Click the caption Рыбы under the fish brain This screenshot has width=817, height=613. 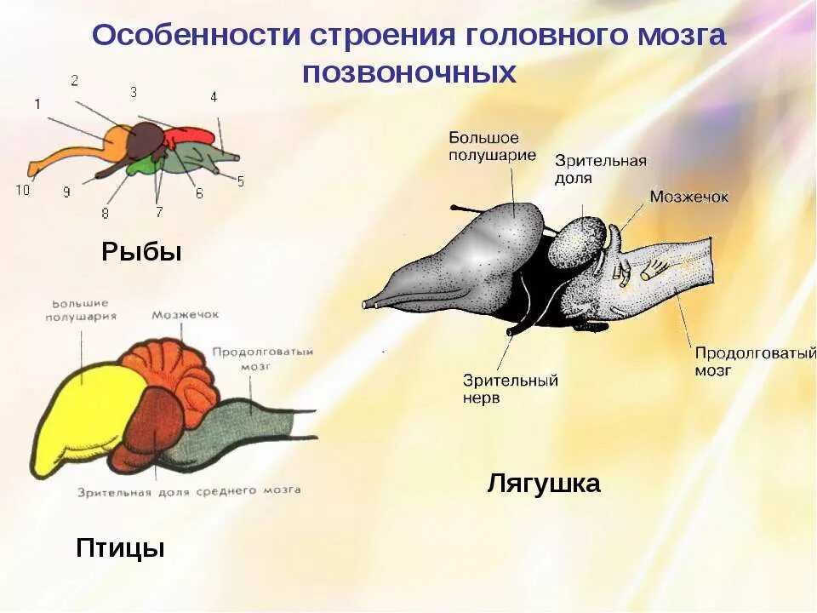tap(142, 252)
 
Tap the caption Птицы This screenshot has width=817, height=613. tap(120, 547)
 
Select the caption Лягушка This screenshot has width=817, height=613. tap(544, 484)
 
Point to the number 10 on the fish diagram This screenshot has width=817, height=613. tap(22, 190)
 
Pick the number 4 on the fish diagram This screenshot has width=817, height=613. tap(214, 97)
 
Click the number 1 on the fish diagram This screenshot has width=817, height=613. tap(37, 104)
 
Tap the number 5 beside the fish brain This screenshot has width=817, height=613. tap(240, 180)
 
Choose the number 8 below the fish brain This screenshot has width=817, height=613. tap(106, 213)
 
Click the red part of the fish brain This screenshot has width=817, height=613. tap(189, 137)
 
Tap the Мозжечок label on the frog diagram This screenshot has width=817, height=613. tap(689, 197)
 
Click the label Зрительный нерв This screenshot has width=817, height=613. tap(511, 389)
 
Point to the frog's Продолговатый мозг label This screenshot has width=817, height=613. tap(755, 362)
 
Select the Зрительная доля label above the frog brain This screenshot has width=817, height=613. tap(601, 169)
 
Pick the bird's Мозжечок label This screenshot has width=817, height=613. tap(186, 314)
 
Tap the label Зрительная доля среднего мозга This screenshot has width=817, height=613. tap(188, 491)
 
